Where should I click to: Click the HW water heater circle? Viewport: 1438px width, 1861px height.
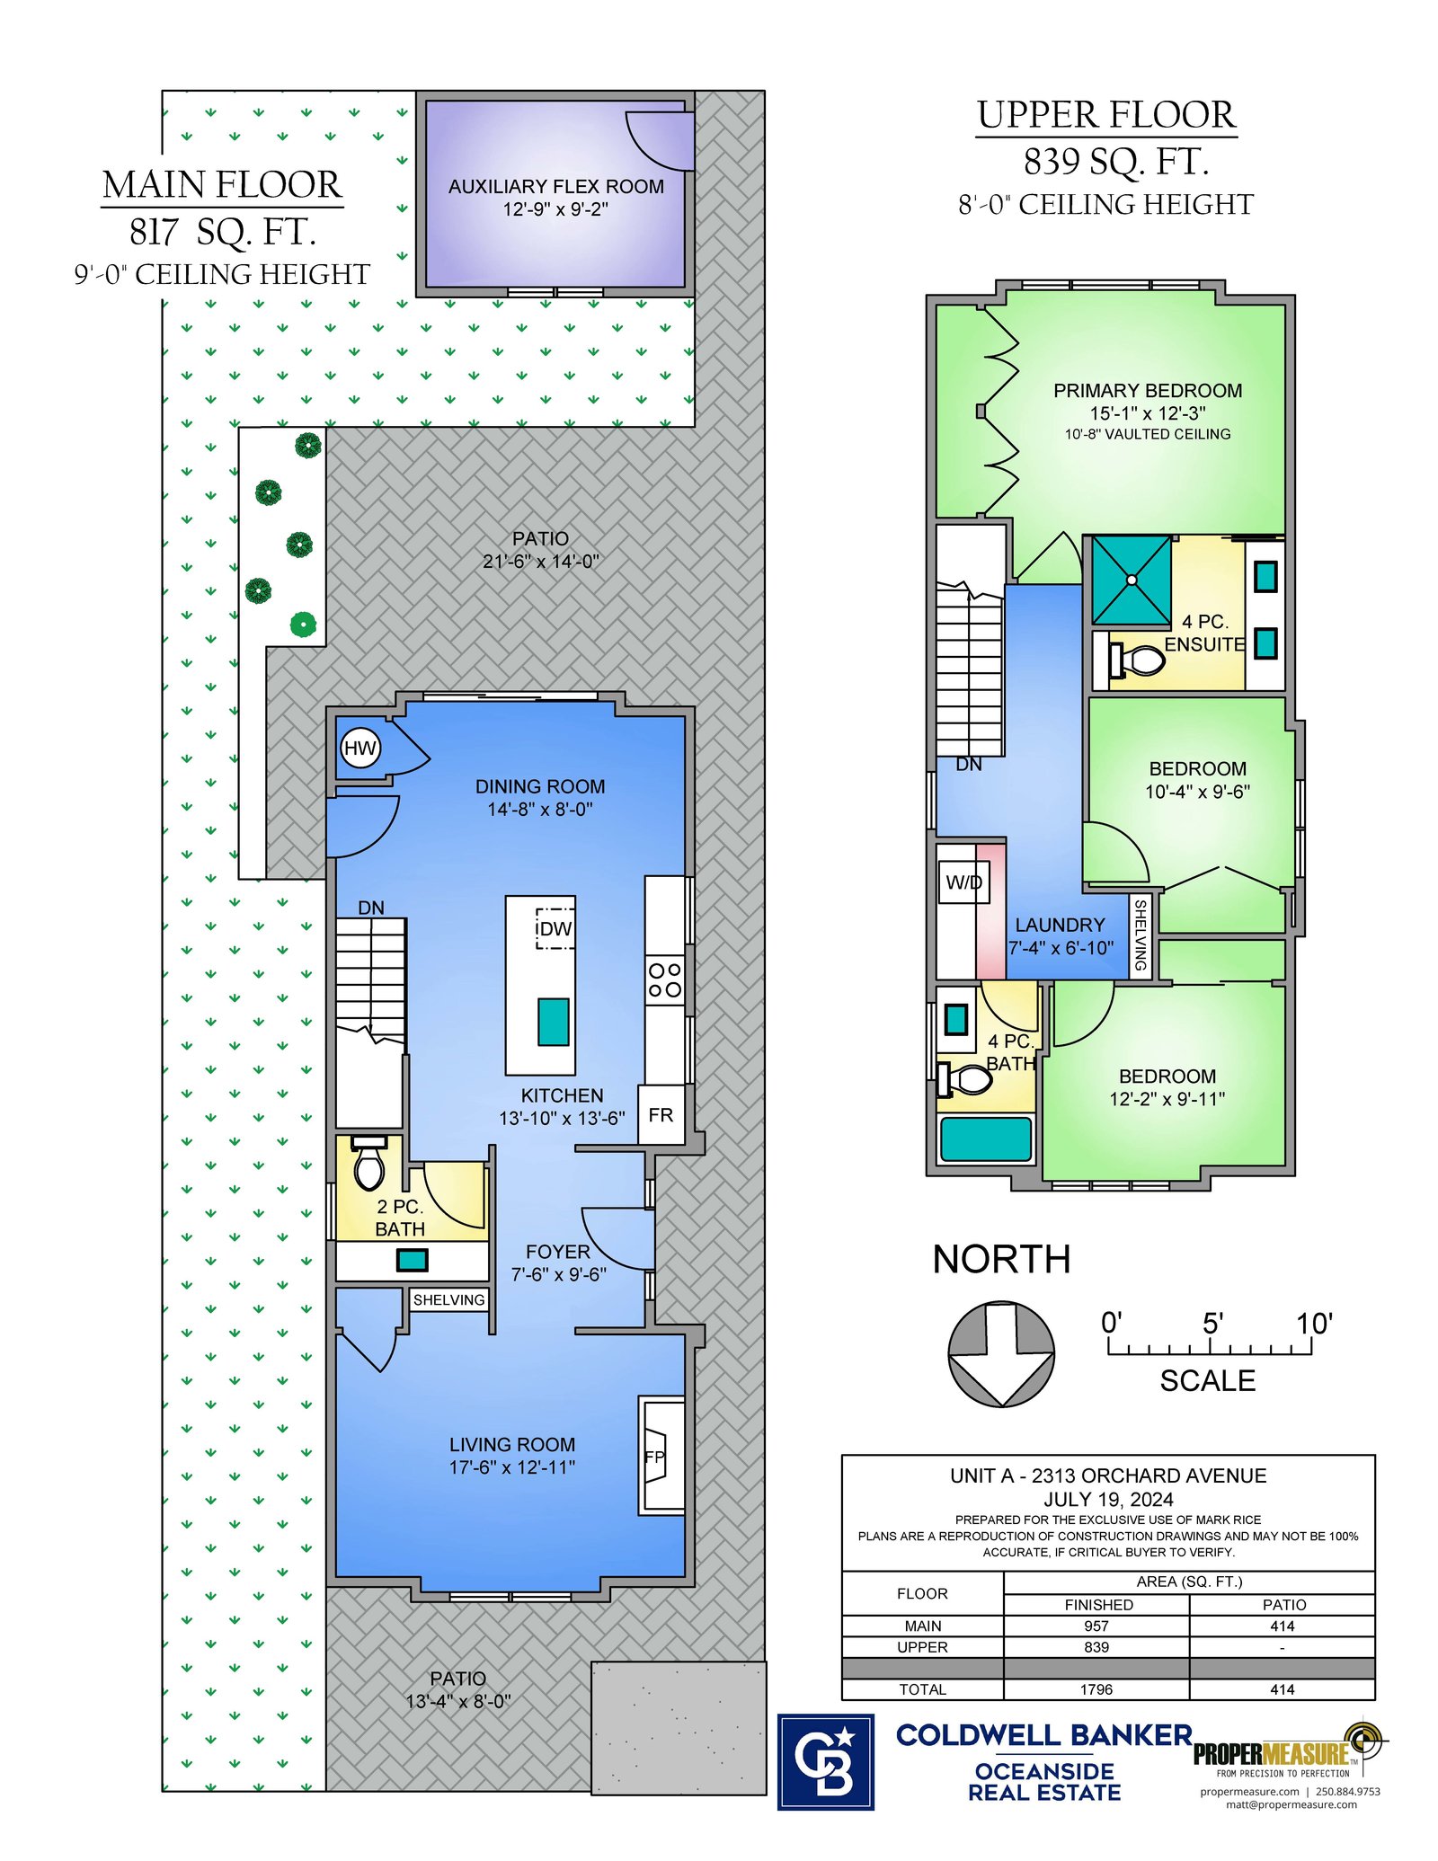click(360, 748)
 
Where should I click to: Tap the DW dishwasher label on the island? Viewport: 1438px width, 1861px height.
click(555, 928)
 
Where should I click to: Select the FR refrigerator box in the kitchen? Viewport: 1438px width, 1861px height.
click(661, 1114)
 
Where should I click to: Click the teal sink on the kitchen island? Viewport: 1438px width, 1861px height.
click(554, 1022)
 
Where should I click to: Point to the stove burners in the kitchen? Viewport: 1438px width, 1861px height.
click(665, 980)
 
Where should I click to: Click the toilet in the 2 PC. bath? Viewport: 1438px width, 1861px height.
click(369, 1163)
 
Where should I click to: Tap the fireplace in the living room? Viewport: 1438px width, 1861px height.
click(661, 1455)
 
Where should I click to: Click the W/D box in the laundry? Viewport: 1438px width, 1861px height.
click(963, 882)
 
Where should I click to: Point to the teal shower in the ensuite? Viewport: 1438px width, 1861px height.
click(1132, 580)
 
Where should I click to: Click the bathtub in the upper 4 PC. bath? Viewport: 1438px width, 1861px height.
click(986, 1139)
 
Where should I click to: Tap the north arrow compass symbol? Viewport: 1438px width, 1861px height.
click(1001, 1353)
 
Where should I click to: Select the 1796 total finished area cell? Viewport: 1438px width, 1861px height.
click(1096, 1689)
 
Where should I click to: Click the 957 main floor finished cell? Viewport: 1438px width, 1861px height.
click(1096, 1626)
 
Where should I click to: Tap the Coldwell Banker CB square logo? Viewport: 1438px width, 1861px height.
click(825, 1762)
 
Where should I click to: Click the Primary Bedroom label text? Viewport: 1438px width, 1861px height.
click(1148, 391)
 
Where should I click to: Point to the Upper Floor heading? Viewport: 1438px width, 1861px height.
click(1106, 115)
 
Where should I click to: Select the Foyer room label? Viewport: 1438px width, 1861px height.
click(558, 1252)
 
